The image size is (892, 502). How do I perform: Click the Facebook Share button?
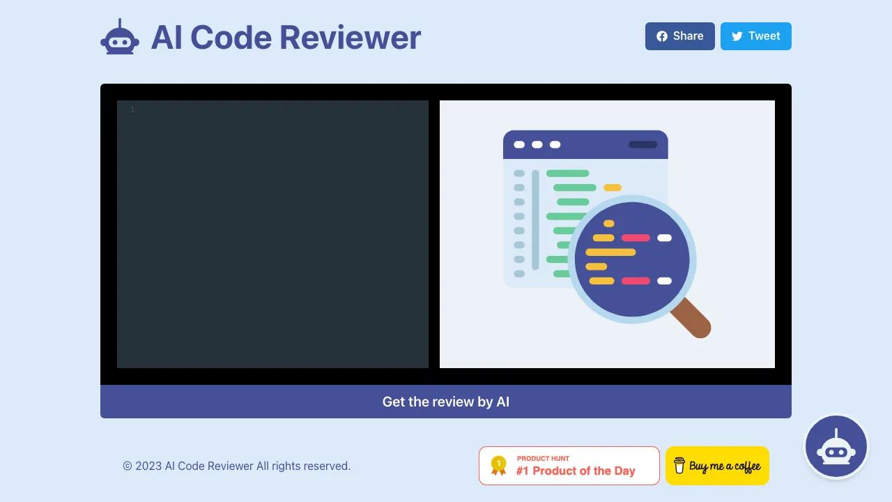pyautogui.click(x=679, y=36)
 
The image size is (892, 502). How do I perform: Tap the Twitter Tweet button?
pyautogui.click(x=756, y=36)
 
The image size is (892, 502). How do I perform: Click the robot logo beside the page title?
pyautogui.click(x=120, y=37)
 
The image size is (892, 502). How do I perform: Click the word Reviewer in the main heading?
pyautogui.click(x=350, y=38)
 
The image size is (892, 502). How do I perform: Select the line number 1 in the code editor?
pyautogui.click(x=132, y=109)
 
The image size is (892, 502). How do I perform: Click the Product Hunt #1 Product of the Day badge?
pyautogui.click(x=569, y=466)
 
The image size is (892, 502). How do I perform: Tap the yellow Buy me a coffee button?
pyautogui.click(x=717, y=466)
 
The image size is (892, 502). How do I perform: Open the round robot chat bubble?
pyautogui.click(x=836, y=446)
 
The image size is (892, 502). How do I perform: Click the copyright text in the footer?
pyautogui.click(x=236, y=466)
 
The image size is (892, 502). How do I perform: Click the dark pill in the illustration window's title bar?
pyautogui.click(x=643, y=144)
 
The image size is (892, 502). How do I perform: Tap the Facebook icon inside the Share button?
pyautogui.click(x=662, y=36)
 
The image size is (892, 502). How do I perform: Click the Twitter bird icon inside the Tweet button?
pyautogui.click(x=737, y=36)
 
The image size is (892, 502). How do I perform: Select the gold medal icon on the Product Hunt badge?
pyautogui.click(x=498, y=466)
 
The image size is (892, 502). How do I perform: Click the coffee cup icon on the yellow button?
pyautogui.click(x=679, y=465)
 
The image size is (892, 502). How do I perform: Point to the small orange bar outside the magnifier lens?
pyautogui.click(x=612, y=188)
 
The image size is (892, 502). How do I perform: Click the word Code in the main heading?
pyautogui.click(x=231, y=38)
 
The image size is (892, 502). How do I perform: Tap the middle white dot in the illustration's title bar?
pyautogui.click(x=537, y=144)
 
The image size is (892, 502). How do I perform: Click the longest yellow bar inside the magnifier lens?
pyautogui.click(x=610, y=252)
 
